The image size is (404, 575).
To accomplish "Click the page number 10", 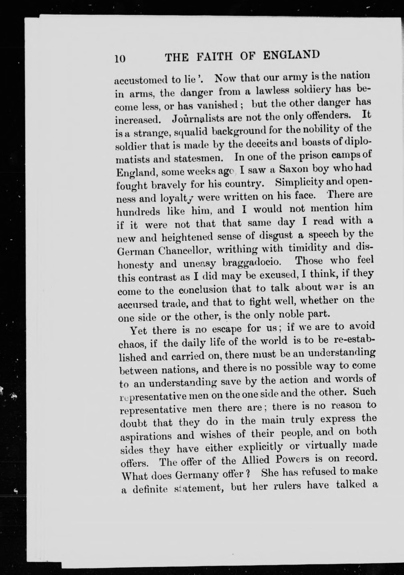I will [x=120, y=59].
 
